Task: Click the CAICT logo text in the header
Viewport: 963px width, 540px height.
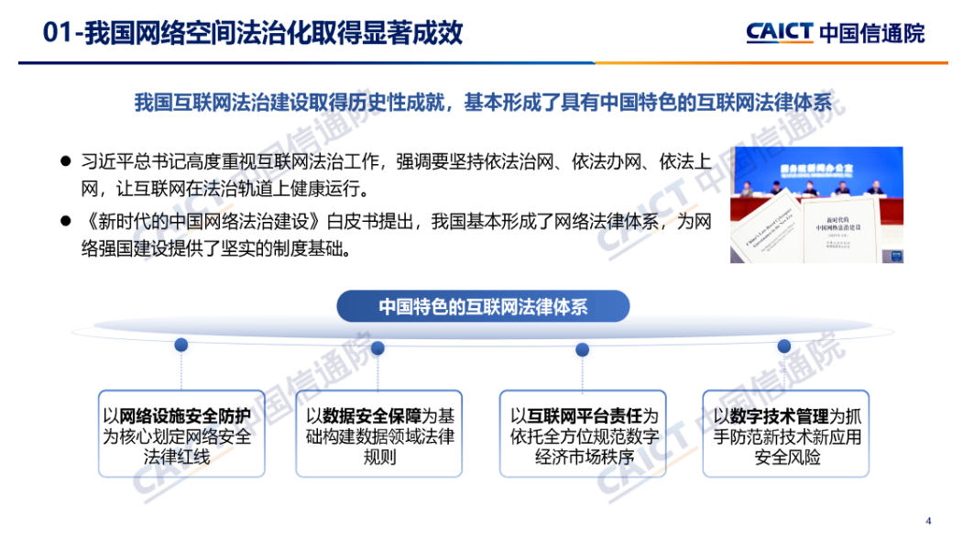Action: point(779,33)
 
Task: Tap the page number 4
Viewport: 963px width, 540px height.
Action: point(928,522)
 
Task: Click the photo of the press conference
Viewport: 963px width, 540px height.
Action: point(815,204)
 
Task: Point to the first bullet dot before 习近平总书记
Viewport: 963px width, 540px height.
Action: point(65,160)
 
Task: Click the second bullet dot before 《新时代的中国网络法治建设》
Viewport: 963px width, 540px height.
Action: point(65,221)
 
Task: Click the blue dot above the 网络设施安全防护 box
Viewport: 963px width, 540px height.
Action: point(181,345)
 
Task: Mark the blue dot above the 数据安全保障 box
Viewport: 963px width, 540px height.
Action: point(378,347)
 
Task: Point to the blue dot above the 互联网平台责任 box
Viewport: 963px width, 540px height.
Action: point(582,348)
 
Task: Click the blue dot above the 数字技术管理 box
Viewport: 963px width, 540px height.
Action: point(783,346)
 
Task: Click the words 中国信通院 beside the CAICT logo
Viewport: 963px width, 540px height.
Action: point(871,34)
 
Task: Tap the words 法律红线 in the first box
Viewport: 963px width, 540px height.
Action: point(181,457)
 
